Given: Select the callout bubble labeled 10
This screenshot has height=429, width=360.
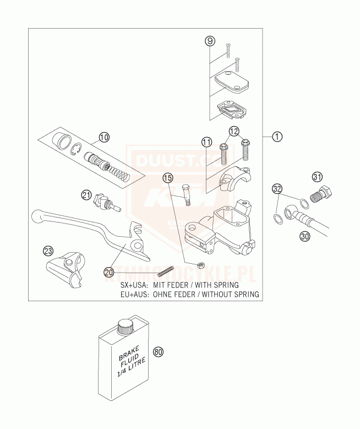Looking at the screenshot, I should click(x=104, y=137).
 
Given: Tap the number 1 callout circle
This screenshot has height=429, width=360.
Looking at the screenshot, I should click(x=277, y=137).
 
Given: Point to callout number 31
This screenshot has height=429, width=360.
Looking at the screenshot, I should click(x=317, y=177).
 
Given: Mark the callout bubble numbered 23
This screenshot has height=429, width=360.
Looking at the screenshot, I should click(x=48, y=251).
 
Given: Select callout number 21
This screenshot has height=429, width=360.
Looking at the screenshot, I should click(x=86, y=194).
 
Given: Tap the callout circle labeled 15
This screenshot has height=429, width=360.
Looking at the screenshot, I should click(x=168, y=177).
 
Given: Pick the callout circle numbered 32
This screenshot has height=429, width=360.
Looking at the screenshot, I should click(x=278, y=190).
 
